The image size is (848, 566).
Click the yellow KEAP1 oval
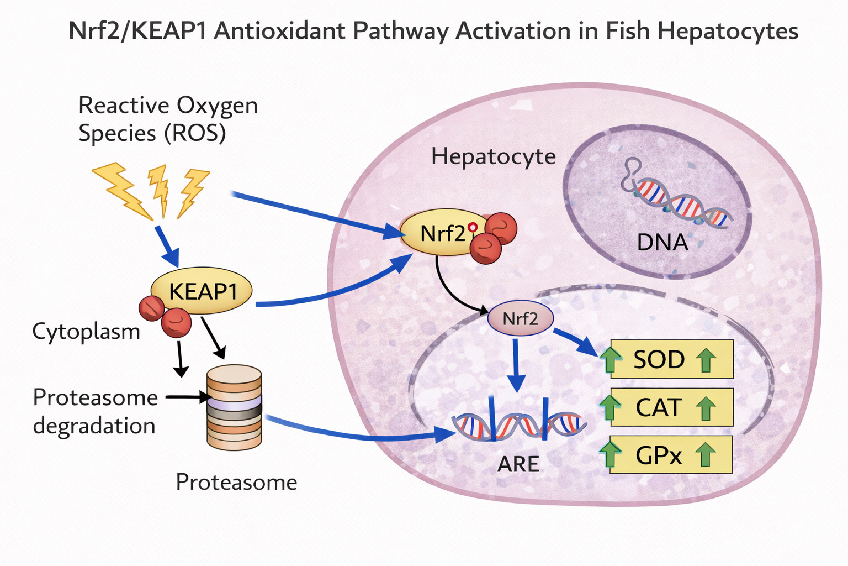pos(202,291)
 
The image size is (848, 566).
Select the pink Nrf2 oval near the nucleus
pos(520,318)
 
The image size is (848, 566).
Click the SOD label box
pos(671,359)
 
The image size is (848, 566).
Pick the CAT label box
pos(671,407)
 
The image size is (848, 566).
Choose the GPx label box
pos(671,455)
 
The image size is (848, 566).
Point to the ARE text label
pos(518,464)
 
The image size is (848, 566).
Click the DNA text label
pos(662,242)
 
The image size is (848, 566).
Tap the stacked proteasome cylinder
pos(234,407)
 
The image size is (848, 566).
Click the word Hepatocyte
pos(493,156)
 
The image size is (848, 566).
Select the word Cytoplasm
pos(86,332)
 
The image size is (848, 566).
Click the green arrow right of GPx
pos(705,455)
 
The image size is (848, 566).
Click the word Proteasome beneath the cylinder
pos(236,482)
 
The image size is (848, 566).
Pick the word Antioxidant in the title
pos(281,31)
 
